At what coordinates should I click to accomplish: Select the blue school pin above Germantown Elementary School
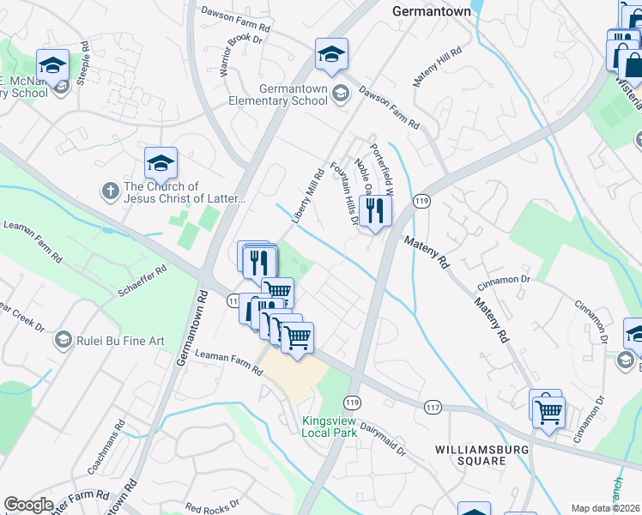[331, 55]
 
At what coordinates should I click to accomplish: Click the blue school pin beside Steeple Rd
[52, 66]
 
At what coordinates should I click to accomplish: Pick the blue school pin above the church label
[160, 163]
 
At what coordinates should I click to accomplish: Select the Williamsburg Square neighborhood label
[469, 455]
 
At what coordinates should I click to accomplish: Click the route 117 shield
[431, 403]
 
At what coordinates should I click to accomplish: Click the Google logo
[29, 504]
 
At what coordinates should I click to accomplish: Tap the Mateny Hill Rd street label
[438, 67]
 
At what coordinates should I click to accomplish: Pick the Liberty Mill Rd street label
[306, 197]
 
